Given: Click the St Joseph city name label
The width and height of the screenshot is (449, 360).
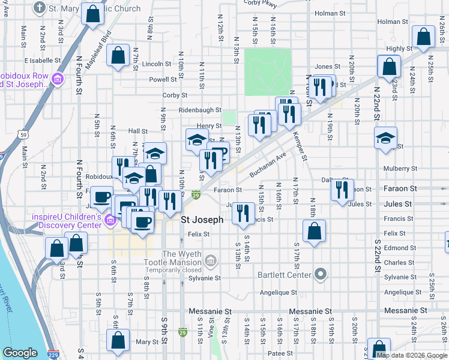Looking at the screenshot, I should coord(202,220).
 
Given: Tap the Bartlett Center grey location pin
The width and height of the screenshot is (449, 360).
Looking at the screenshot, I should coord(321,275).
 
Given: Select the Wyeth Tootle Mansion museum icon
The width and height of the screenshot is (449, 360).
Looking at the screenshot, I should coord(210,260).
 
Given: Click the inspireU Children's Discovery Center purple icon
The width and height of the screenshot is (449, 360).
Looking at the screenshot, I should coord(109,221).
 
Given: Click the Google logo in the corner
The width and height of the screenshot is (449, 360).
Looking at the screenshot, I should coord(20,353).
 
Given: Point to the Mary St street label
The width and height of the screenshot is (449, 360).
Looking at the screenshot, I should coord(146,342).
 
